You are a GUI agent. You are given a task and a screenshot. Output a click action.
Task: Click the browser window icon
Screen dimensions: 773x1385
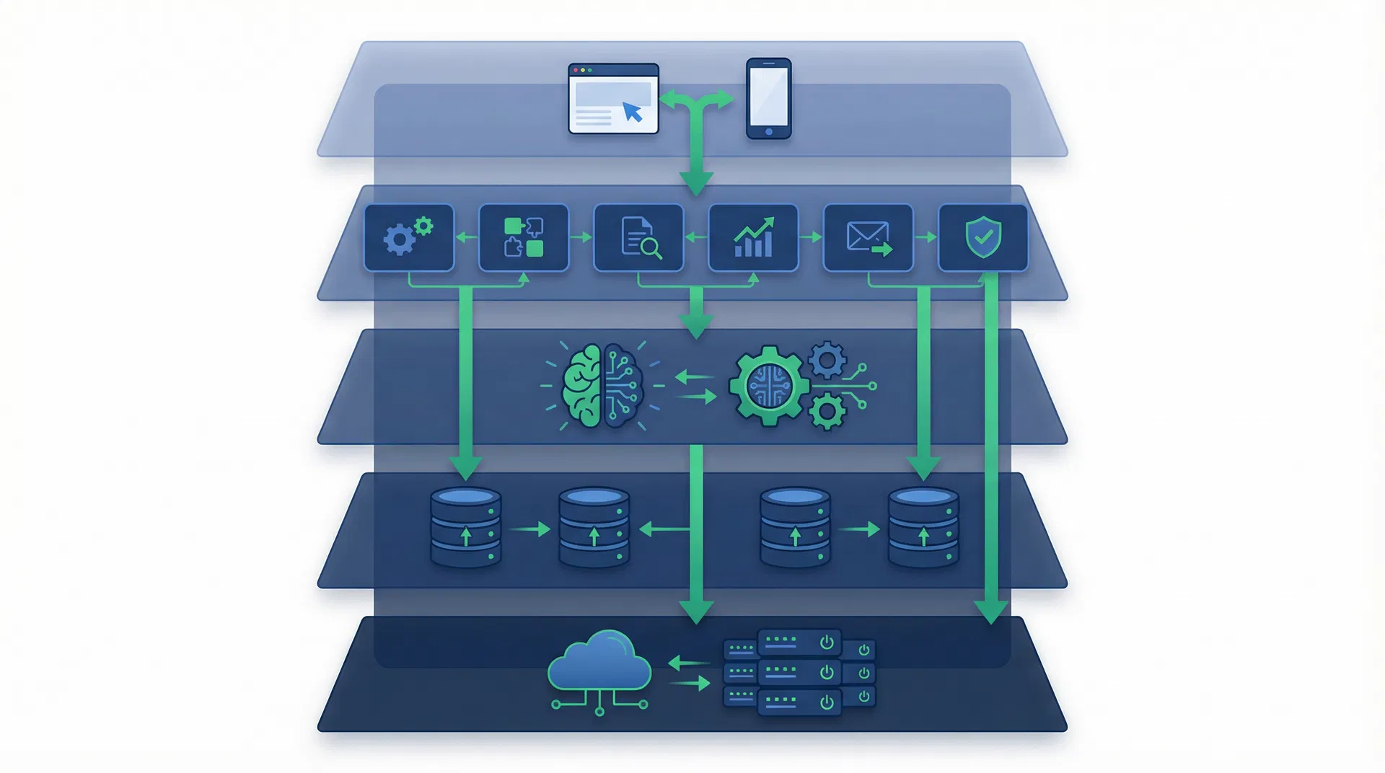click(x=613, y=99)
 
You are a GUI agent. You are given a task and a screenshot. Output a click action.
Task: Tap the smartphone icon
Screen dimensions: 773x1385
click(x=768, y=98)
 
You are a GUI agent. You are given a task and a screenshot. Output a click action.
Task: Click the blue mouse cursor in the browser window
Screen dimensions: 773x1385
click(x=632, y=112)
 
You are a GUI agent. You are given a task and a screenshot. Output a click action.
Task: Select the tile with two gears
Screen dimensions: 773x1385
click(x=409, y=237)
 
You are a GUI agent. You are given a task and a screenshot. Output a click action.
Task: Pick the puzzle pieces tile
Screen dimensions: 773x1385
click(x=524, y=237)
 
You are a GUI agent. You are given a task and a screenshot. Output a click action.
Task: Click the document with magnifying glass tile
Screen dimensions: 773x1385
click(x=638, y=237)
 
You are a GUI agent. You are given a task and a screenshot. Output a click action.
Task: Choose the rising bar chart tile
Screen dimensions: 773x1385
click(x=753, y=237)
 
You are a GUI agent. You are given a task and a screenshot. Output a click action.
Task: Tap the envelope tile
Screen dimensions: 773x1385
click(x=868, y=237)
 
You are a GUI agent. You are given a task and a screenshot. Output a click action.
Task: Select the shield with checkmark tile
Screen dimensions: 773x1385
click(x=982, y=237)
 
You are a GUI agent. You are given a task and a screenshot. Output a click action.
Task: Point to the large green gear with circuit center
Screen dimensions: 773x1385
click(x=769, y=386)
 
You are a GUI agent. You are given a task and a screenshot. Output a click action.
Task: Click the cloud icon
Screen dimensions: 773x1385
click(x=599, y=662)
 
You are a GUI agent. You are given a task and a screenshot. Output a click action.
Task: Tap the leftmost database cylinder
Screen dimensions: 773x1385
click(x=465, y=528)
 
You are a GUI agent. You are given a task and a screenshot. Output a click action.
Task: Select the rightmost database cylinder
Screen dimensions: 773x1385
click(x=923, y=528)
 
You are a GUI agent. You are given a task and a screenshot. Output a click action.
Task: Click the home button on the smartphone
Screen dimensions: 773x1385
click(x=768, y=132)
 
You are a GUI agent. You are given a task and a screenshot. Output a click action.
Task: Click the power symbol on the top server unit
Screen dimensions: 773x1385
click(x=827, y=642)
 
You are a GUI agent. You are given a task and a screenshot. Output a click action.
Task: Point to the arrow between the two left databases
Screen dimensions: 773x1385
click(x=530, y=530)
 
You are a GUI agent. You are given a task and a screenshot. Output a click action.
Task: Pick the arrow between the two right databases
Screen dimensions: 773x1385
click(x=859, y=530)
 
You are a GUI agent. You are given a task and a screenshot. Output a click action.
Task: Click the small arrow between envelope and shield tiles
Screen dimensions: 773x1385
click(x=925, y=237)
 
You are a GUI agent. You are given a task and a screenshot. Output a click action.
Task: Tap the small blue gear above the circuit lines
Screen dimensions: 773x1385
click(x=827, y=360)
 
